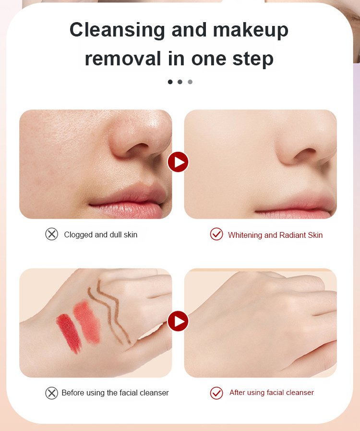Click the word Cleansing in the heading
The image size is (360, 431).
pos(117,30)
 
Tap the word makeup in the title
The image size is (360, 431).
pos(251,31)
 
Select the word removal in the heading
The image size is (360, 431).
pos(123,58)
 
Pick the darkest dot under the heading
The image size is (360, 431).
pos(170,82)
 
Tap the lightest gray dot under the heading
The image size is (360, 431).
pos(190,82)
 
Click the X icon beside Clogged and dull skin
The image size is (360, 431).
pos(52,234)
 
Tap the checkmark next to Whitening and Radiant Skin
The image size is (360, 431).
pos(216,234)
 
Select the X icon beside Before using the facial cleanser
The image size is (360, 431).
pos(52,393)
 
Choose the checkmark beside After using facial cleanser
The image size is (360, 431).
pos(216,393)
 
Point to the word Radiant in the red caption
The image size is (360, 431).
pos(292,235)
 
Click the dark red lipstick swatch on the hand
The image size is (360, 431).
pos(69,333)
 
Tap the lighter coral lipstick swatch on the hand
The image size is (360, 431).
pos(87,322)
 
